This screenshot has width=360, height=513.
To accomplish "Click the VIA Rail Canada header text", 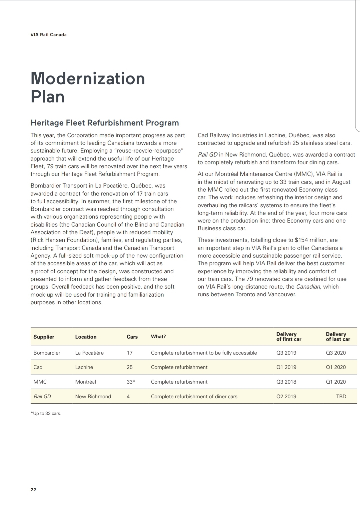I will (48, 35).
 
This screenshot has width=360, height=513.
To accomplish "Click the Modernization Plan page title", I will (88, 87).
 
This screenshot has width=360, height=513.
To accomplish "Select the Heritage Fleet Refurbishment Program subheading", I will (105, 123).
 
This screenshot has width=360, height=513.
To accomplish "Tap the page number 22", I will (33, 490).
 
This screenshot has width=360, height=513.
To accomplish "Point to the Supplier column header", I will (44, 337).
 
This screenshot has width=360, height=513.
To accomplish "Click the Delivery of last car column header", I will (338, 337).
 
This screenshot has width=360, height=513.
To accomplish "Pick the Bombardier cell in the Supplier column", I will (47, 353).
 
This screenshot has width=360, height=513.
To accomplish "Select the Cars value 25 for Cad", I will (130, 367).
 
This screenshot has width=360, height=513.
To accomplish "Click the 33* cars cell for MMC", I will (131, 382).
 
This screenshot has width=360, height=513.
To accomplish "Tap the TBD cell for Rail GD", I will (341, 396).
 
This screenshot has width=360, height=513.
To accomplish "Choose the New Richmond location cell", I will (93, 396).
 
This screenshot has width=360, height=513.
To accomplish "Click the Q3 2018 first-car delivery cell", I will (286, 382).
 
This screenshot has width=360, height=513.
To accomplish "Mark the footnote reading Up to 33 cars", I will (46, 413).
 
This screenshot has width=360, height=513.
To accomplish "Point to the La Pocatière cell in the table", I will (89, 353).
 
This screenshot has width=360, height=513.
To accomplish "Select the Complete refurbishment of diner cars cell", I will (194, 396).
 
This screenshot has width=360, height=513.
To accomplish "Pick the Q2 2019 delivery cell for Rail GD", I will (286, 396).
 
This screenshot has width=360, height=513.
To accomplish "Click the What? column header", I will (158, 337).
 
